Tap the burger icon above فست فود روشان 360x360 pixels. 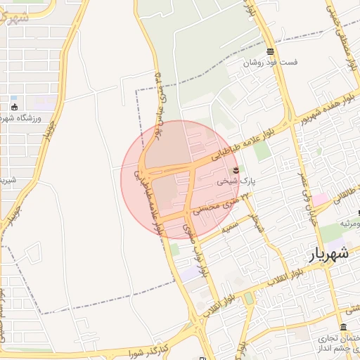[x=271, y=51]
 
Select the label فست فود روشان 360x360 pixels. [x=271, y=62]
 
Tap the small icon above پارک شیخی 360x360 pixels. [x=236, y=169]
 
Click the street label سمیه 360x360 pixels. [x=231, y=226]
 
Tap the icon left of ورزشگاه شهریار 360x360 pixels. [x=14, y=108]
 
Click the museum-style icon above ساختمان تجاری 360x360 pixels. [x=342, y=328]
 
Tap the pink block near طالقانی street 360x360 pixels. [x=320, y=200]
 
